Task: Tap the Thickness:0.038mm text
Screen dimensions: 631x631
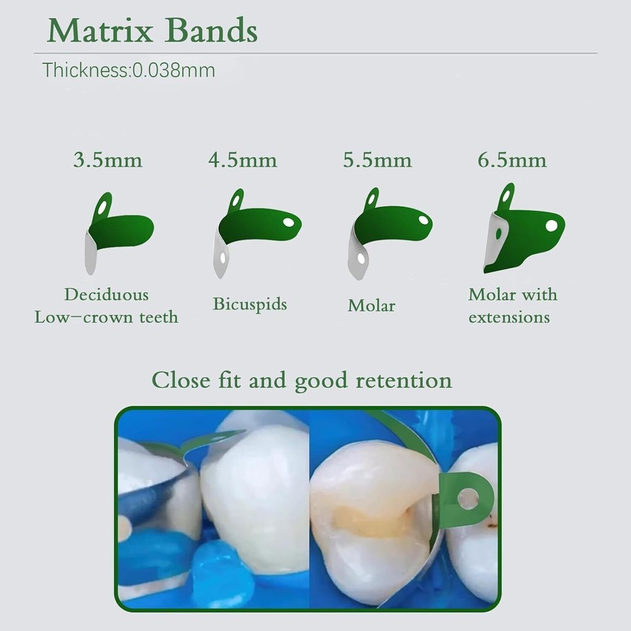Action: click(x=129, y=70)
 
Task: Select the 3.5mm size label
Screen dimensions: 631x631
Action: click(x=108, y=160)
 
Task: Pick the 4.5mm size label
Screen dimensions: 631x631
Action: click(x=243, y=160)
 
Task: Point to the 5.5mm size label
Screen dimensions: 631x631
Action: click(x=377, y=160)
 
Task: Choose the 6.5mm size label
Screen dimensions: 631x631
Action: click(x=512, y=160)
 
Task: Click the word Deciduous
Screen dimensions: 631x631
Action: click(x=106, y=294)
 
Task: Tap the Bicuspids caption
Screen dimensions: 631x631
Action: click(x=250, y=304)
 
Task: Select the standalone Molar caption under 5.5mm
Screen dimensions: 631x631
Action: click(x=371, y=306)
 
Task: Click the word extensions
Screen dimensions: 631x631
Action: click(x=509, y=317)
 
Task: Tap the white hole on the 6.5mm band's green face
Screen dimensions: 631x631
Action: click(x=551, y=225)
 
